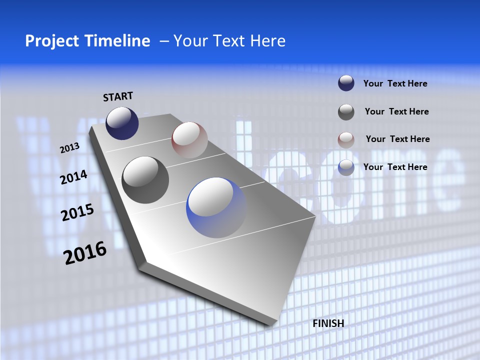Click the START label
(118, 96)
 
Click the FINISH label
(328, 323)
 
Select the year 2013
(69, 148)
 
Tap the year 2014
(74, 177)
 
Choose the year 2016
(85, 252)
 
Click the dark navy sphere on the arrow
(122, 123)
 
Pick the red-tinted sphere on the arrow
(189, 139)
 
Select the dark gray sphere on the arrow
(145, 180)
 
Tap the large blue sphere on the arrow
(216, 207)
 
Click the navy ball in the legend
(346, 83)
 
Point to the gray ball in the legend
(346, 112)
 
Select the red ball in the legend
(346, 139)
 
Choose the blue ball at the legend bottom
(346, 167)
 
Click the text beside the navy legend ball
(395, 83)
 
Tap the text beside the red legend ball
(397, 139)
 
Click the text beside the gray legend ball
(396, 111)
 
